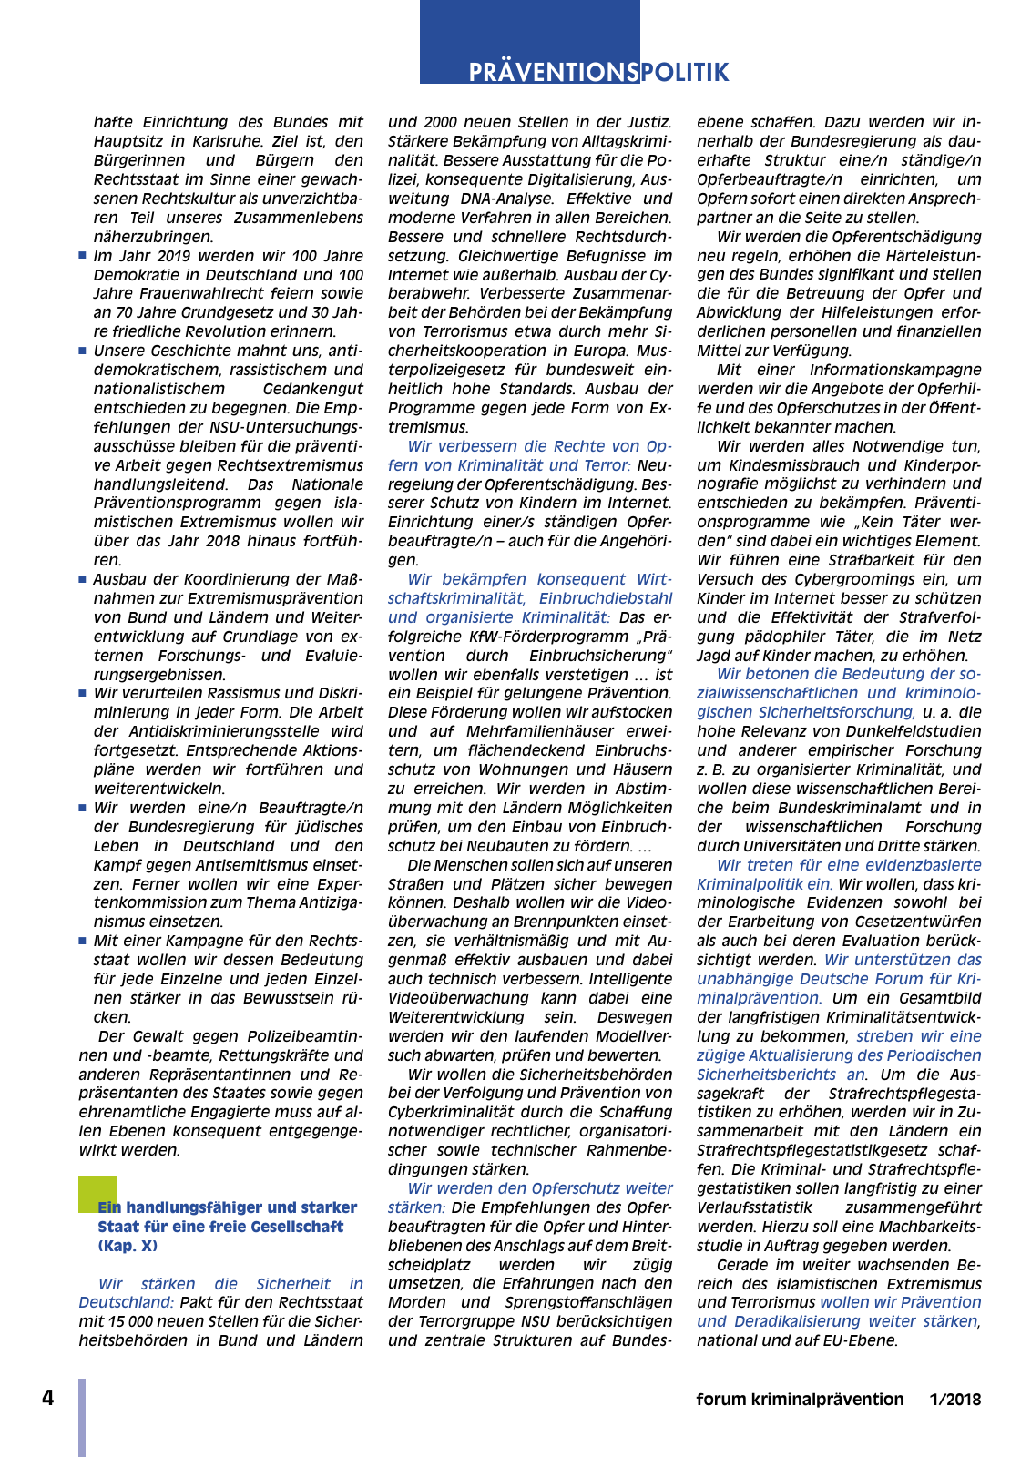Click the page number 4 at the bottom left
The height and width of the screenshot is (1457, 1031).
(47, 1398)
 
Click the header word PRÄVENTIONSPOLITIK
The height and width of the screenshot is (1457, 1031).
(598, 72)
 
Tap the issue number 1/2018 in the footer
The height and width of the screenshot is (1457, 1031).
(955, 1400)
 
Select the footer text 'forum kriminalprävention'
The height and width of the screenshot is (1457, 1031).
(800, 1400)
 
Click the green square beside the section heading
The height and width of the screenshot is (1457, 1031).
(97, 1194)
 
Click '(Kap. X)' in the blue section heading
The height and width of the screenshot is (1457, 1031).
(128, 1246)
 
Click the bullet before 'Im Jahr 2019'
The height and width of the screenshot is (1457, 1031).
(82, 256)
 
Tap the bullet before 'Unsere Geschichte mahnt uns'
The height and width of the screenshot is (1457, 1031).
(82, 351)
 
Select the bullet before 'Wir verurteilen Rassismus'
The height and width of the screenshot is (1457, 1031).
(82, 693)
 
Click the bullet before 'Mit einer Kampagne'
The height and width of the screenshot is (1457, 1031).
(82, 941)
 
